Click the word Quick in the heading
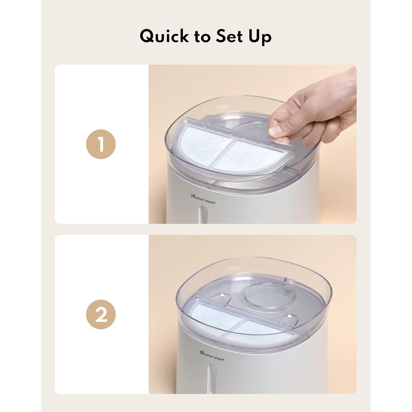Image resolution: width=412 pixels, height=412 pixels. click(164, 37)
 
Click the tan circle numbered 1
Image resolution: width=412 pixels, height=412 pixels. click(101, 144)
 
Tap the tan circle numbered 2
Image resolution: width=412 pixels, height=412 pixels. click(101, 314)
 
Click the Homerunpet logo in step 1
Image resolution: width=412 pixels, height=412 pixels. click(203, 199)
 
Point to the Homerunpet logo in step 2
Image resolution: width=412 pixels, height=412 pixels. click(212, 356)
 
